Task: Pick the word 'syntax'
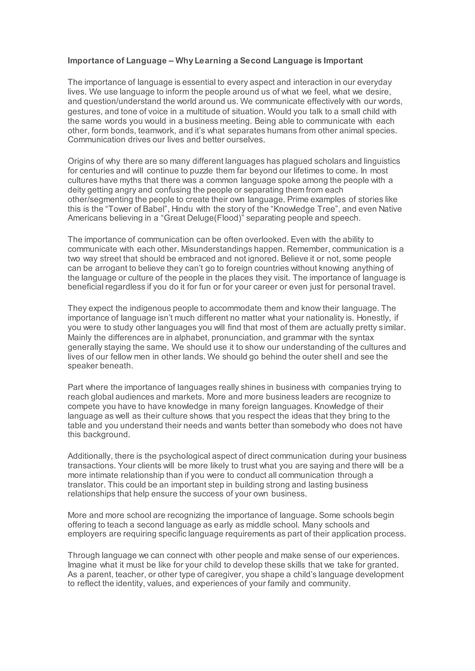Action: click(x=362, y=338)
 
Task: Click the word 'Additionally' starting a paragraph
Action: click(x=90, y=456)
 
